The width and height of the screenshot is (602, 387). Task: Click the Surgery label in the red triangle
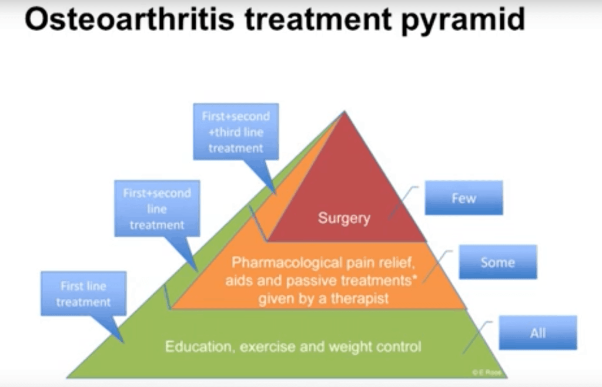click(344, 218)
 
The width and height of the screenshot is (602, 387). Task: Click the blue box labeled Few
click(464, 198)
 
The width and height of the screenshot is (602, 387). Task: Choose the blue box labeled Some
click(497, 262)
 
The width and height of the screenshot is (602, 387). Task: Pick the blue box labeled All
click(537, 333)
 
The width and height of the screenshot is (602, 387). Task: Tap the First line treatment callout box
click(83, 294)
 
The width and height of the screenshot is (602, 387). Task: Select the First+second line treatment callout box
click(157, 208)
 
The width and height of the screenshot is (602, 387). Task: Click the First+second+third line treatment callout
click(235, 132)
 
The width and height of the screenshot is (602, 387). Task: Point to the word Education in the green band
click(195, 346)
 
